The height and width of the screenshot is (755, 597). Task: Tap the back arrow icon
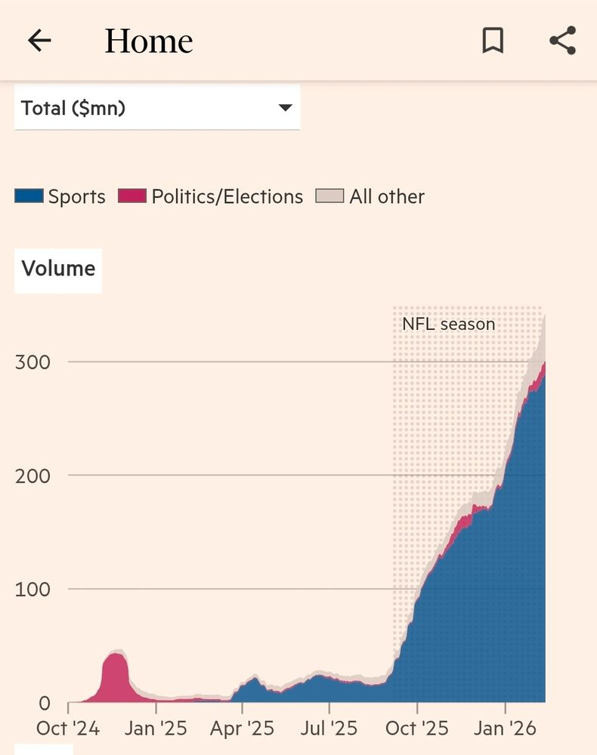click(x=39, y=41)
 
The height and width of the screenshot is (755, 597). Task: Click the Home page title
click(x=149, y=41)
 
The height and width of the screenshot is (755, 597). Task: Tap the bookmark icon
click(x=493, y=41)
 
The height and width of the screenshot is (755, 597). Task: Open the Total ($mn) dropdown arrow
click(x=285, y=108)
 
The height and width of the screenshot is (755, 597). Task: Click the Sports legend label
click(x=76, y=197)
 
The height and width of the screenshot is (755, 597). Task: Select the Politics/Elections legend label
click(x=227, y=197)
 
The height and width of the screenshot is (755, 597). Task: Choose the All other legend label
click(x=386, y=197)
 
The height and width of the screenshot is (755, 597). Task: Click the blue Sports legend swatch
click(x=29, y=197)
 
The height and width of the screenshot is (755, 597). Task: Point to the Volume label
click(x=58, y=269)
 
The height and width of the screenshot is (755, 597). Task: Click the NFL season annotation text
click(x=448, y=325)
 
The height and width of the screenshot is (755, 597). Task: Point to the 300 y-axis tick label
click(x=32, y=362)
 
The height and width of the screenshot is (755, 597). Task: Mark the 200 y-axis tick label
click(x=32, y=476)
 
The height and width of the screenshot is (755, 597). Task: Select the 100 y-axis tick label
click(x=32, y=589)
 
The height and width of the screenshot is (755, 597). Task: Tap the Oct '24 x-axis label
click(x=68, y=729)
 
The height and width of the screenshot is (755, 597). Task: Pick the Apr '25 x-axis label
click(x=243, y=729)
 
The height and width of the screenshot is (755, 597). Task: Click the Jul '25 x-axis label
click(x=329, y=729)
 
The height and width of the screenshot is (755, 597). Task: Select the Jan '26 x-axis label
click(x=505, y=729)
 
